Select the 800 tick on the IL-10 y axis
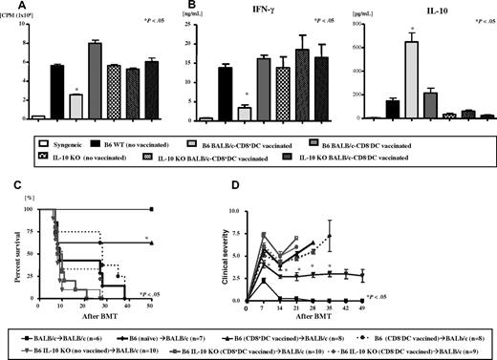tap(355, 25)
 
